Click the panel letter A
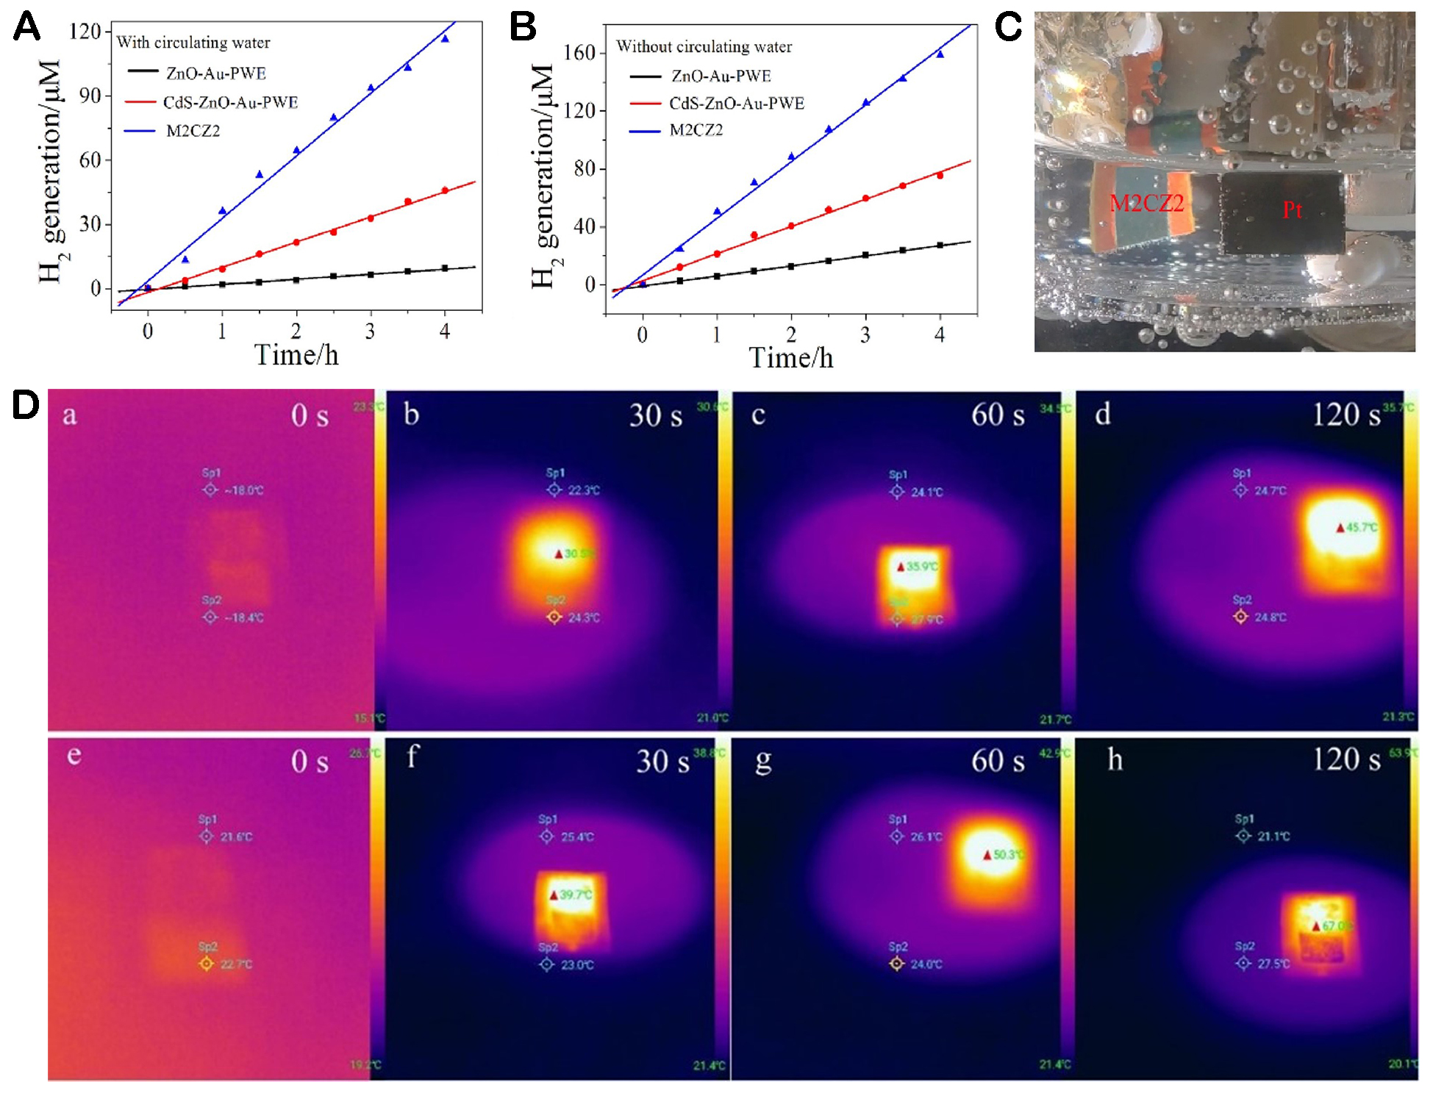pyautogui.click(x=26, y=27)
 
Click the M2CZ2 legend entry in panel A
pyautogui.click(x=193, y=131)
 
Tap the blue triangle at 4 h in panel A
pyautogui.click(x=445, y=39)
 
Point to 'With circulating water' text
pyautogui.click(x=193, y=43)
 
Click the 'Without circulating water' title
pyautogui.click(x=704, y=47)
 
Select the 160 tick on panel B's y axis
pyautogui.click(x=579, y=53)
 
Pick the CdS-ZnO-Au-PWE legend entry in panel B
pyautogui.click(x=736, y=103)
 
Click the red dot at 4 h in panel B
pyautogui.click(x=940, y=176)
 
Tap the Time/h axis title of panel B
pyautogui.click(x=790, y=358)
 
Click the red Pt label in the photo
pyautogui.click(x=1292, y=210)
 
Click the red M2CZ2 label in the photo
pyautogui.click(x=1146, y=203)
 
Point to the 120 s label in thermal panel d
pyautogui.click(x=1346, y=415)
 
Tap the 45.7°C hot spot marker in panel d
pyautogui.click(x=1340, y=528)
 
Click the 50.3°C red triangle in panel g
pyautogui.click(x=987, y=855)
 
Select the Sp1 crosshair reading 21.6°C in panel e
pyautogui.click(x=207, y=836)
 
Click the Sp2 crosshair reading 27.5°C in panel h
pyautogui.click(x=1243, y=963)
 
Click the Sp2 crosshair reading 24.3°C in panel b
pyautogui.click(x=554, y=617)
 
